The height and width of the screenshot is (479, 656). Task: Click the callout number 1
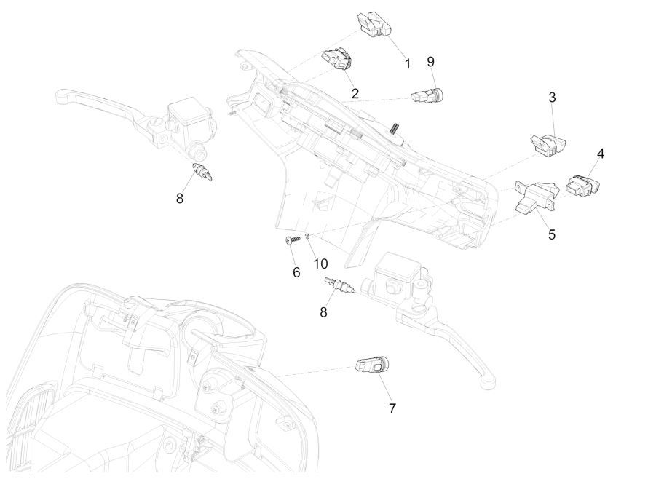(408, 64)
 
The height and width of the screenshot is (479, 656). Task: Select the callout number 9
(430, 61)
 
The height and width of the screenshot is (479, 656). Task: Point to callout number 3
(552, 98)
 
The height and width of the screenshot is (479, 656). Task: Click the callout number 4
(601, 154)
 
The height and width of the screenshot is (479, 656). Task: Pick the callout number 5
(552, 234)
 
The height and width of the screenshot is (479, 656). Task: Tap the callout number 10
(320, 263)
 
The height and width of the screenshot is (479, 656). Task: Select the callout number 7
(392, 408)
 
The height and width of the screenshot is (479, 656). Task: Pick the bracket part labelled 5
(535, 195)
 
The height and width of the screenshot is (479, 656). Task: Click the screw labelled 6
(294, 240)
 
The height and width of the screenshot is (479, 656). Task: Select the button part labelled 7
(373, 365)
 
